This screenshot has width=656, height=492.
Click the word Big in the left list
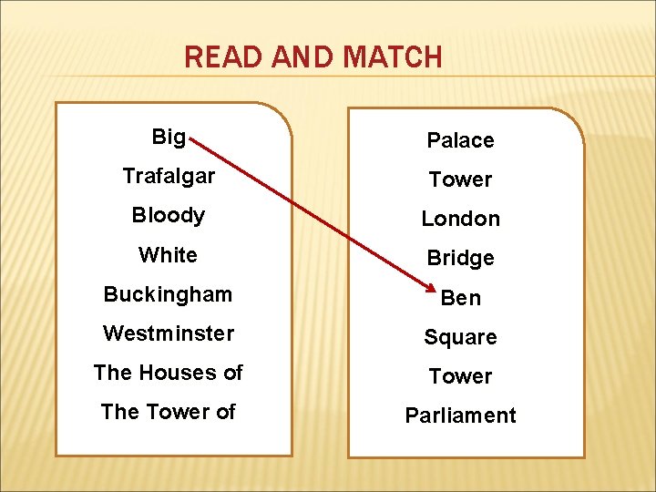coord(169,138)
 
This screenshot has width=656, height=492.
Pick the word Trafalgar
coord(169,176)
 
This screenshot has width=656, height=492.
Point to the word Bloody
coord(169,216)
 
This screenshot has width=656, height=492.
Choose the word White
coord(169,255)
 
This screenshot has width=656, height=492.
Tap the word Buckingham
coord(169,294)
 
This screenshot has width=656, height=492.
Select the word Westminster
coord(169,333)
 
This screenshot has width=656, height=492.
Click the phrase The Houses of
coord(169,373)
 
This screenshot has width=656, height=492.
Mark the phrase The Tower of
coord(169,412)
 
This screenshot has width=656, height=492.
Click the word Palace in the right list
coord(460,140)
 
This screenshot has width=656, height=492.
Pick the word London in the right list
coord(460,219)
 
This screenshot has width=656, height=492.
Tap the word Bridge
coord(460,258)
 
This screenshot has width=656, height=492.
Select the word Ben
coord(460,298)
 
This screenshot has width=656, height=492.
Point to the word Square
coord(460,337)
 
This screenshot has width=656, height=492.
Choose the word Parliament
coord(460,415)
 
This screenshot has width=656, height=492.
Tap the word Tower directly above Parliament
coord(460,376)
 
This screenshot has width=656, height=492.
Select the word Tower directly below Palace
coord(460,179)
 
